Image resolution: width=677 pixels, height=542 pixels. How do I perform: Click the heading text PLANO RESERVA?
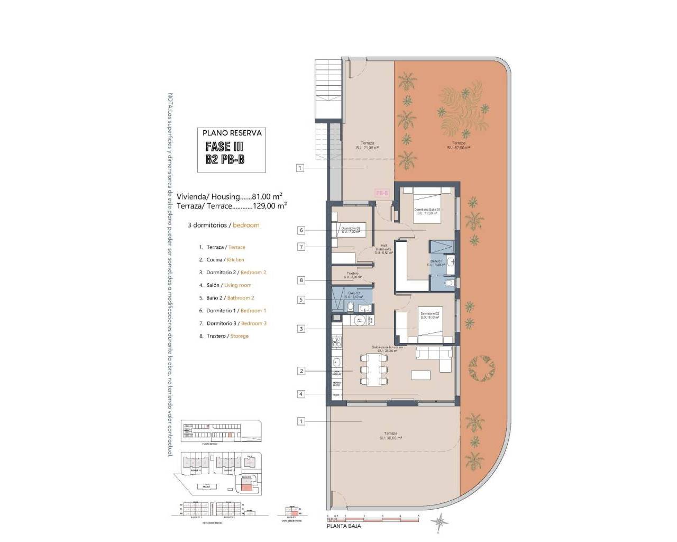pyautogui.click(x=232, y=133)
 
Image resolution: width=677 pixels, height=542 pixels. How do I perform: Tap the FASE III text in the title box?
pyautogui.click(x=224, y=147)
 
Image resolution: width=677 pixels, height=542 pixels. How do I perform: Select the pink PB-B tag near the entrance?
pyautogui.click(x=382, y=194)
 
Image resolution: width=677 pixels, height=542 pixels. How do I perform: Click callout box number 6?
pyautogui.click(x=301, y=230)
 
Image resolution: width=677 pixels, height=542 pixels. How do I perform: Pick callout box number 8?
pyautogui.click(x=301, y=281)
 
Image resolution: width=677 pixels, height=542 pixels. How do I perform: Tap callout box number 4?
pyautogui.click(x=301, y=394)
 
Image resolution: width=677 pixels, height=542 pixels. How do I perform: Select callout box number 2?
pyautogui.click(x=301, y=371)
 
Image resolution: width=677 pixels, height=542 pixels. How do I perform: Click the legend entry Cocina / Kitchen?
pyautogui.click(x=222, y=260)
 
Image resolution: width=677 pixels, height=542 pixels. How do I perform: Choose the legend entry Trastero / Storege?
pyautogui.click(x=224, y=336)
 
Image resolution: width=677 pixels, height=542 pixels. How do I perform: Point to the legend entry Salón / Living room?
pyautogui.click(x=225, y=285)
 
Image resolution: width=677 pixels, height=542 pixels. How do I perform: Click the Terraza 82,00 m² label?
pyautogui.click(x=458, y=146)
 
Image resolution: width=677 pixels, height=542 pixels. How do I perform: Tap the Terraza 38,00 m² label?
pyautogui.click(x=391, y=436)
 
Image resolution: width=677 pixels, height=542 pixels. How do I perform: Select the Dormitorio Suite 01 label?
pyautogui.click(x=427, y=212)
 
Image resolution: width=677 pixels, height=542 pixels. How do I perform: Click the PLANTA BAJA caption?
pyautogui.click(x=344, y=526)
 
